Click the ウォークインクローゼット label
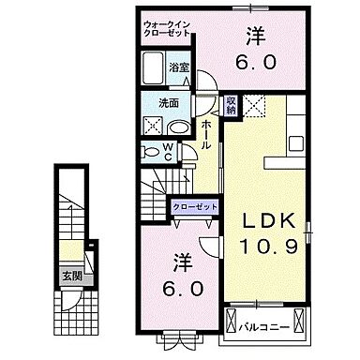tap(167, 29)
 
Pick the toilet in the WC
tap(150, 151)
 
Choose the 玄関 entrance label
tap(71, 276)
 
